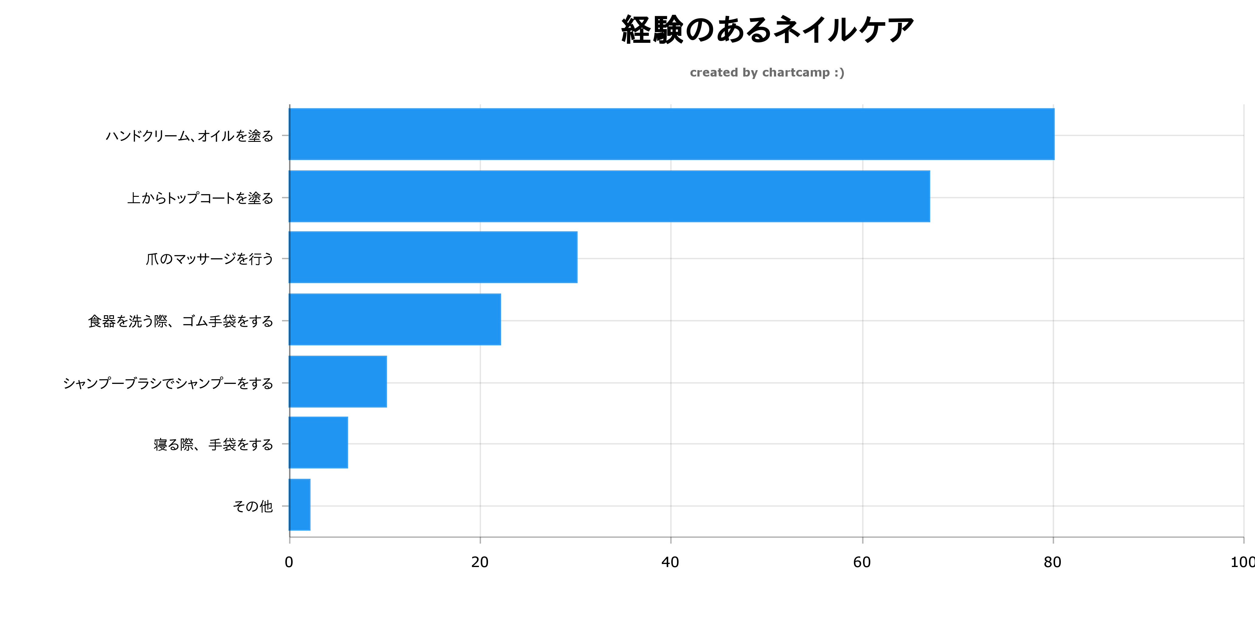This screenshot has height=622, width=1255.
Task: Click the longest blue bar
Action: [x=671, y=134]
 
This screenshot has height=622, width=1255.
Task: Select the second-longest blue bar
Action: [x=609, y=196]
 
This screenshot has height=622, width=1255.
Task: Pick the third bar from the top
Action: [x=433, y=257]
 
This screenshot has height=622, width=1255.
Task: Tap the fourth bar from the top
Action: [x=395, y=320]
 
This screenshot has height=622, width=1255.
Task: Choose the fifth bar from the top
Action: [x=338, y=381]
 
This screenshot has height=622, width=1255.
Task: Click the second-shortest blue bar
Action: [x=319, y=442]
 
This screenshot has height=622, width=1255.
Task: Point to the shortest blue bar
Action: [x=300, y=504]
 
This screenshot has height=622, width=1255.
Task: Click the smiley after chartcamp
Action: [x=839, y=73]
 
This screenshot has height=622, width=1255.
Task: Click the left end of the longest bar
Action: [x=290, y=134]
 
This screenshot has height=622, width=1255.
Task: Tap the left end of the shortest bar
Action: [x=290, y=504]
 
